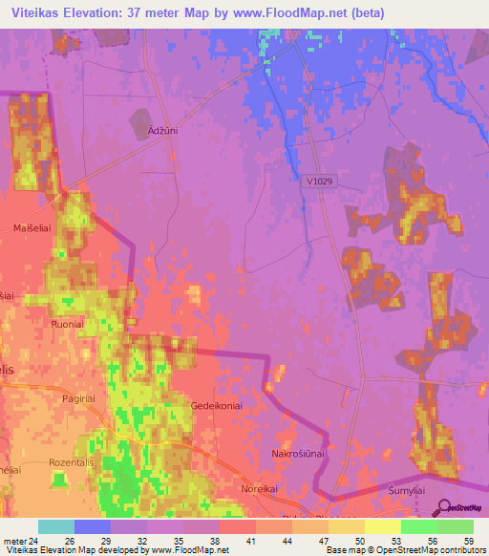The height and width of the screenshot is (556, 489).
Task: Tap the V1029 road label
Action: tap(321, 181)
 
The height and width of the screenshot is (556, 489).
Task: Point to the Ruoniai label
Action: tap(68, 323)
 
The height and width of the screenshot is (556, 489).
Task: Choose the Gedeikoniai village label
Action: tap(219, 406)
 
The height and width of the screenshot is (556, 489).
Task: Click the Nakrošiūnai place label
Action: tap(299, 454)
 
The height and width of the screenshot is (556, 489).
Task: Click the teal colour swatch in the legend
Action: tap(56, 526)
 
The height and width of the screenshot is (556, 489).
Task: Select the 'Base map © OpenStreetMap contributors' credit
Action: tap(404, 550)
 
